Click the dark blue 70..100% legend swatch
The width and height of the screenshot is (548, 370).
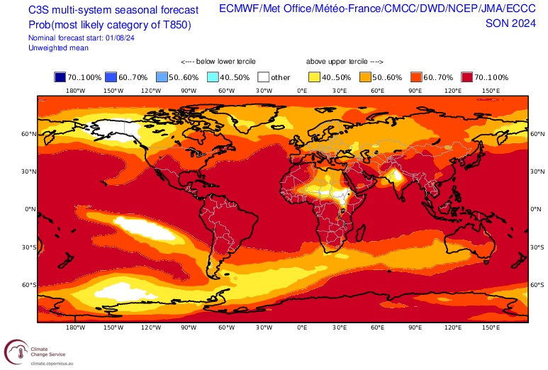pyautogui.click(x=61, y=77)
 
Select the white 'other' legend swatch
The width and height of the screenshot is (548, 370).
pyautogui.click(x=264, y=77)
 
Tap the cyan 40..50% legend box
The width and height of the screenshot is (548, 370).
pyautogui.click(x=213, y=77)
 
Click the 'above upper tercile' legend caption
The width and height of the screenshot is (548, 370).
pyautogui.click(x=345, y=62)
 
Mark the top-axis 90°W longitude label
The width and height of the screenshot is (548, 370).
pyautogui.click(x=188, y=91)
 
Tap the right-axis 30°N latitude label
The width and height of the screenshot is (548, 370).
pyautogui.click(x=537, y=171)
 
